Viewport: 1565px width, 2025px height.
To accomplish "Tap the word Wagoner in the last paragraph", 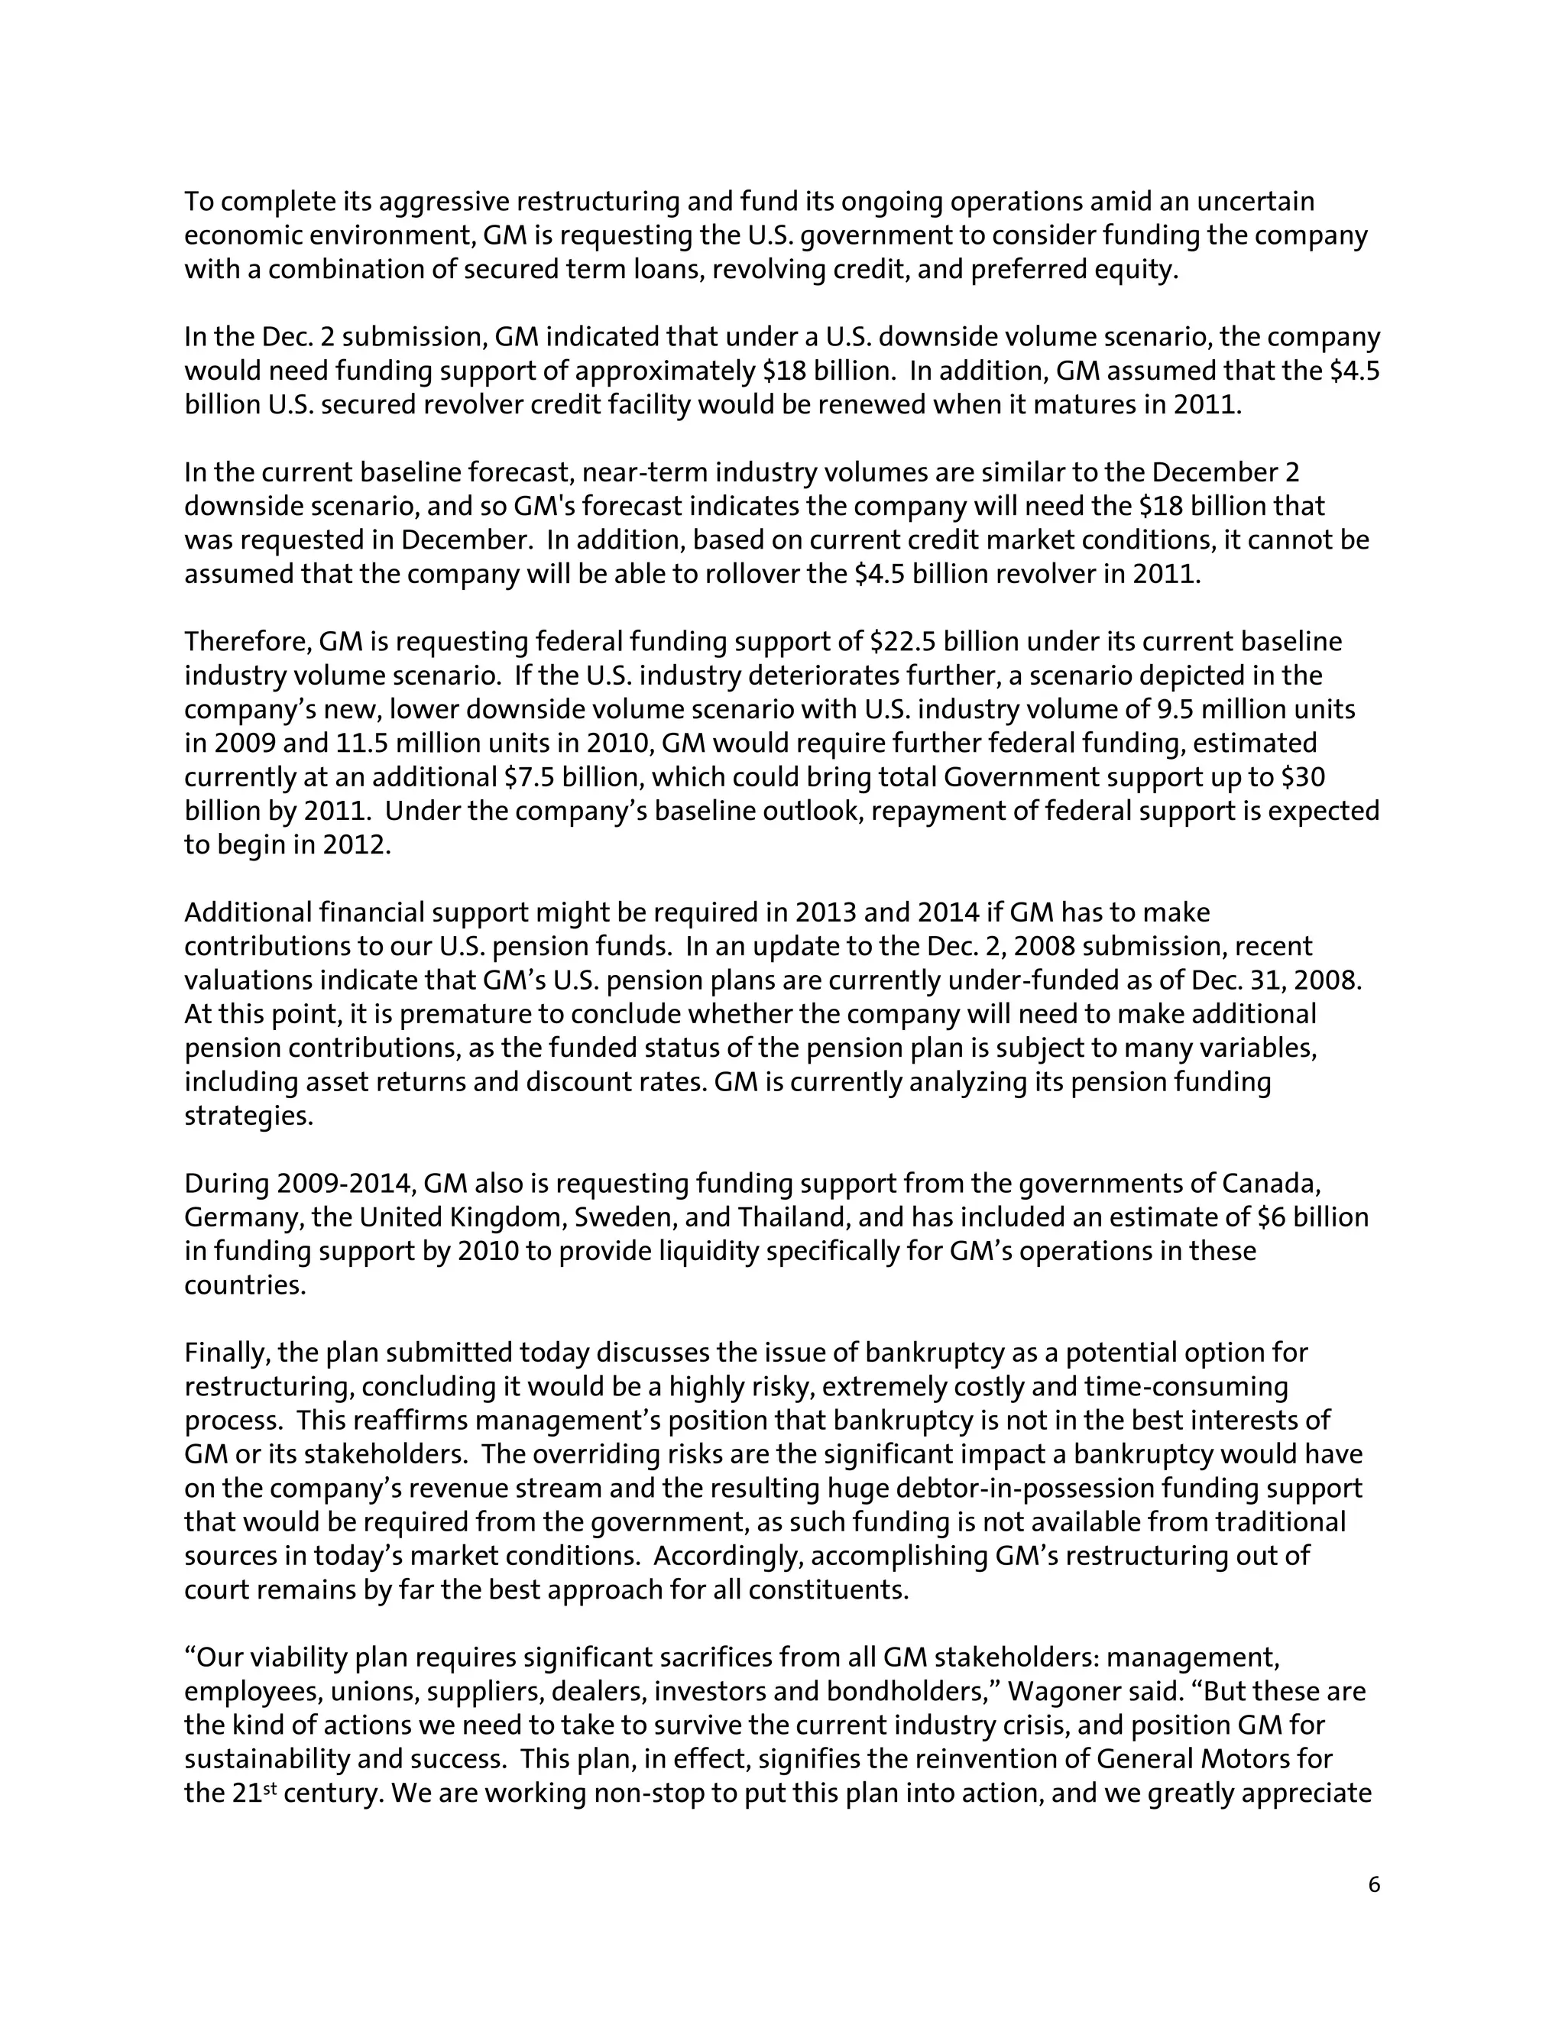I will pos(1059,1691).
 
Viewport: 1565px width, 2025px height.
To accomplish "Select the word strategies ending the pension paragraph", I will pos(248,1116).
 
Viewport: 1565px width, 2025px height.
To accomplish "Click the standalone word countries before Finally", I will pos(245,1285).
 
